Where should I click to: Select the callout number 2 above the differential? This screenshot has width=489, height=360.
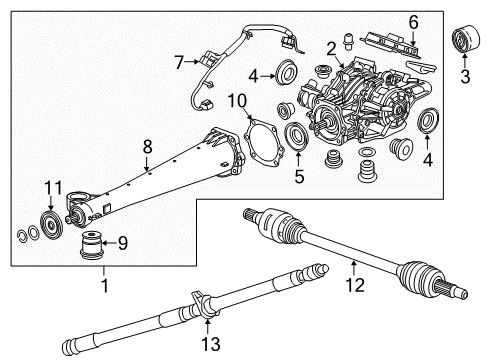(330, 47)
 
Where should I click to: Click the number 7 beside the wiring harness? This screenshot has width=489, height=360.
(178, 63)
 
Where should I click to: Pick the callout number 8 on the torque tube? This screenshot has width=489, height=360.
(147, 146)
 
